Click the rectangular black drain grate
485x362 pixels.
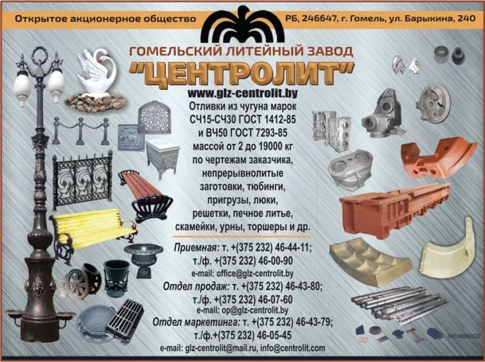[x=125, y=321]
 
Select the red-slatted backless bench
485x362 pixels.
[x=144, y=194]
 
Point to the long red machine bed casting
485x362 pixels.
[x=394, y=208]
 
